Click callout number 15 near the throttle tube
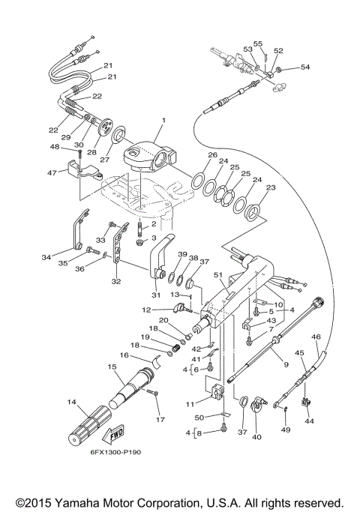coord(112,367)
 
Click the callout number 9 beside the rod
coord(285,364)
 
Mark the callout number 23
coord(271,188)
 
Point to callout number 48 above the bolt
coord(54,147)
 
